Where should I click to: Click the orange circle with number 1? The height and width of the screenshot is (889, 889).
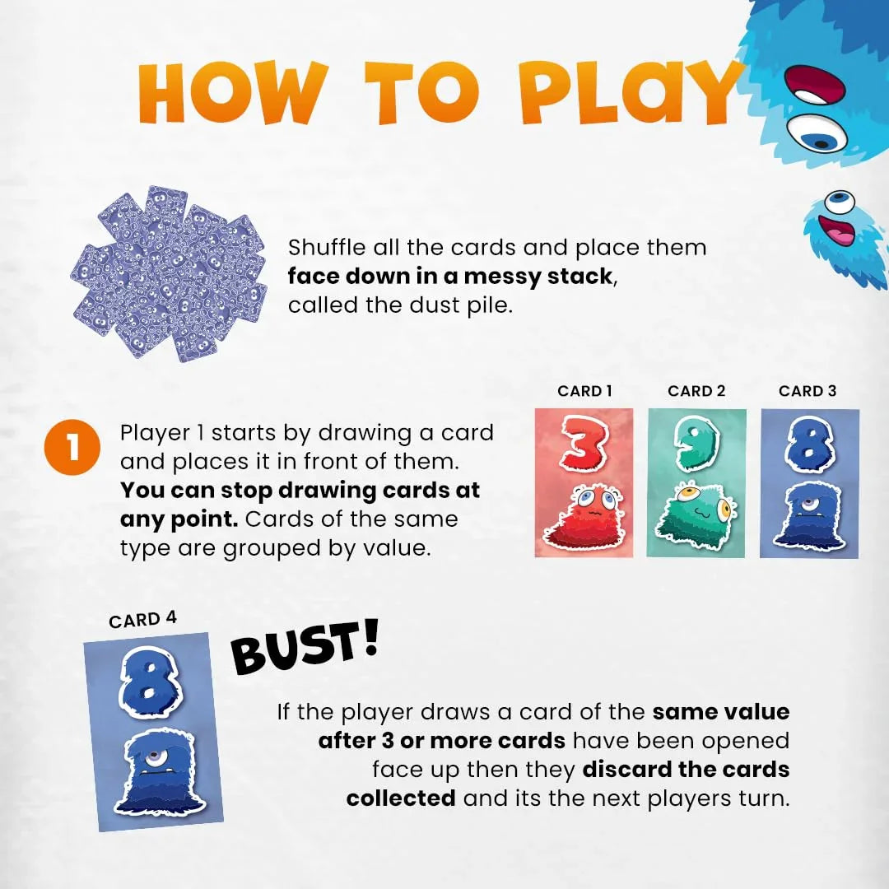coord(72,449)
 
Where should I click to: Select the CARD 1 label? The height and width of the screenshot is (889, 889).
coord(584,391)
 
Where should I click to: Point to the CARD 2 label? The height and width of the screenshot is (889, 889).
coord(696,391)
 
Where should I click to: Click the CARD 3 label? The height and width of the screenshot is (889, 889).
coord(808,391)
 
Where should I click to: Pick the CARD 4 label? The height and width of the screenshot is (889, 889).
coord(142,619)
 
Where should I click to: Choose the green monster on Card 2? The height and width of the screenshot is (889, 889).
coord(696,518)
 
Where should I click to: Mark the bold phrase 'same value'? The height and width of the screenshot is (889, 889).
coord(721,712)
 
